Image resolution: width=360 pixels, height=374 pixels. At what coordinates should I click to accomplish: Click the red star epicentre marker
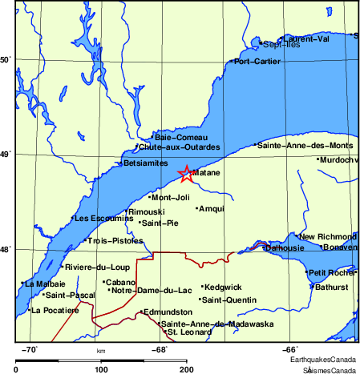[x=185, y=173]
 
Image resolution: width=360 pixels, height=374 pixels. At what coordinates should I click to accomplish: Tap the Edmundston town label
[x=167, y=312]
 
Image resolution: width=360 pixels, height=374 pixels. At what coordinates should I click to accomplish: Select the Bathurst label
[x=331, y=286]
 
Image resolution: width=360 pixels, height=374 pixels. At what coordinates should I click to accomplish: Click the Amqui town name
[x=212, y=208]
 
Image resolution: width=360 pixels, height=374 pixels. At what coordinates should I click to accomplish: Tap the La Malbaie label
[x=45, y=284]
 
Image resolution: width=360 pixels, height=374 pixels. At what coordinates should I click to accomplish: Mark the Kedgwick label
[x=222, y=287]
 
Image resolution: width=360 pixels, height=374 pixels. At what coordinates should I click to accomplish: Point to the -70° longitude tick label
[x=28, y=349]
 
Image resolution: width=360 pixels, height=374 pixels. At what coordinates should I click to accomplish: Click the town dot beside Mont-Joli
[x=150, y=197]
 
